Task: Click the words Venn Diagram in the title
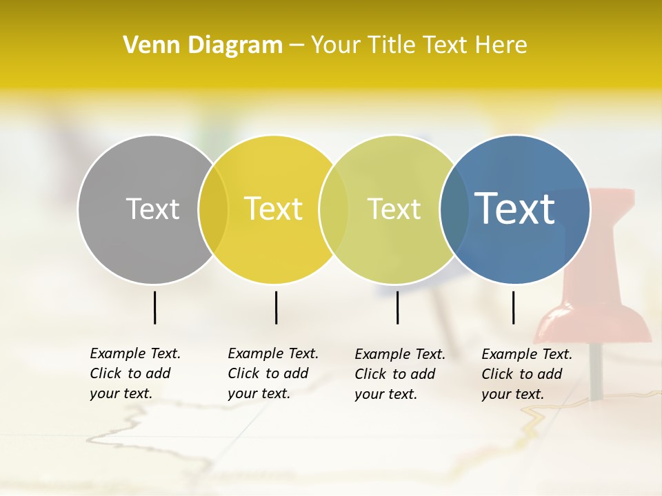point(203,45)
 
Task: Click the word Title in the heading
point(391,45)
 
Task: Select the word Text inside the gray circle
point(152,209)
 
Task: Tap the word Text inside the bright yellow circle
point(274,209)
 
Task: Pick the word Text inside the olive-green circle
point(394,209)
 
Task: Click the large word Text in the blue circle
point(515,208)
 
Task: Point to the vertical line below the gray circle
point(154,307)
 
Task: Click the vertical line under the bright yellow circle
point(276,307)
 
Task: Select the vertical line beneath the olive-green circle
point(397,307)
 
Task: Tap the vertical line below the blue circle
point(513,307)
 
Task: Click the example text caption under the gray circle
point(135,373)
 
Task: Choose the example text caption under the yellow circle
point(273,373)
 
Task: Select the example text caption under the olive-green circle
point(400,374)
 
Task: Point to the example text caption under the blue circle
point(527,374)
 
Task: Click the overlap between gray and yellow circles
point(213,209)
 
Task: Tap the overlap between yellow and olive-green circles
point(334,209)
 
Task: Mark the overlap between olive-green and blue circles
point(454,209)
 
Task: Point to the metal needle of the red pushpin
point(596,372)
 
